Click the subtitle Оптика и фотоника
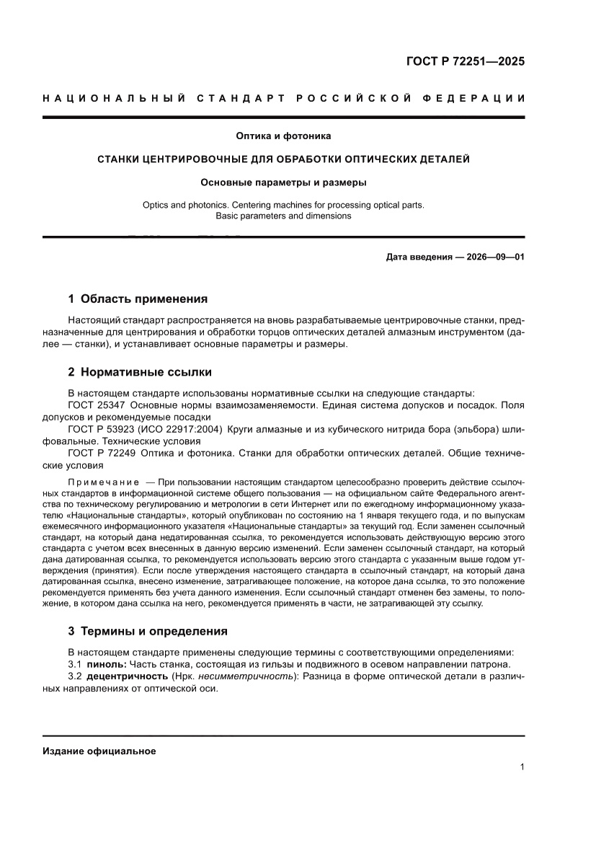click(283, 136)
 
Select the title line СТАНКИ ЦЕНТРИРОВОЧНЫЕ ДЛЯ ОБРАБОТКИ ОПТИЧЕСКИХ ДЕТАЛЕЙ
click(283, 159)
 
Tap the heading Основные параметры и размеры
click(283, 182)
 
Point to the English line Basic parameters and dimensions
click(283, 216)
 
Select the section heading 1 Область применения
click(138, 299)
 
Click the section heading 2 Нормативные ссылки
click(140, 372)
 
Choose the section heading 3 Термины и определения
click(148, 631)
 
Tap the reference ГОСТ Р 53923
click(104, 430)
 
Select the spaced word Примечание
click(103, 481)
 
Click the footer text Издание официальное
click(99, 751)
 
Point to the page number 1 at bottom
click(522, 767)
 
